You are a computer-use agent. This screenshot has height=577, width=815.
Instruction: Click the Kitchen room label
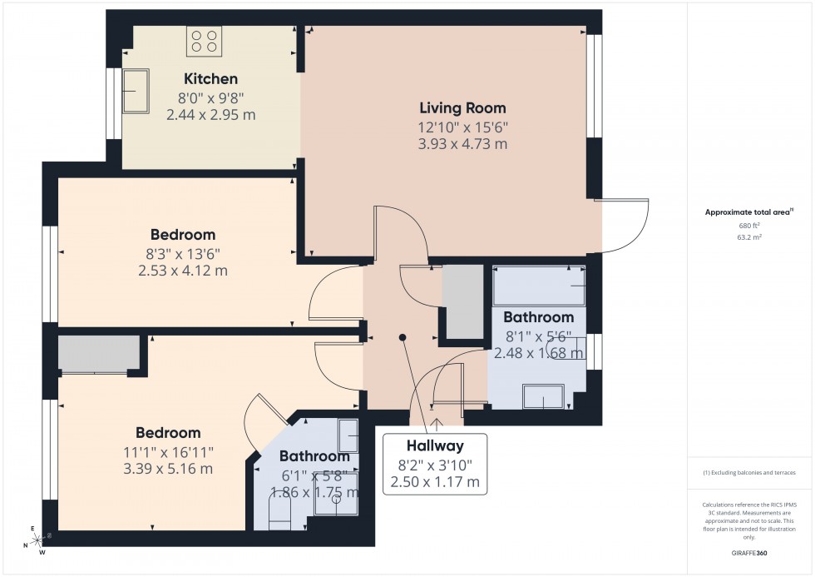[x=210, y=79]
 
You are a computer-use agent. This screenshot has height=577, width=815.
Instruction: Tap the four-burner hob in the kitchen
[x=204, y=42]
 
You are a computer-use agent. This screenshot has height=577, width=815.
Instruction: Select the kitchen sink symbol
[x=135, y=90]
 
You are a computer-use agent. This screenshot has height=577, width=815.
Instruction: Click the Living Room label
[x=462, y=107]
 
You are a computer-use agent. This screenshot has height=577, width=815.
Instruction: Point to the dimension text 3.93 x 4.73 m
[x=462, y=144]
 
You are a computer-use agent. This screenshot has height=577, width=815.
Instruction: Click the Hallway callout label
[x=435, y=445]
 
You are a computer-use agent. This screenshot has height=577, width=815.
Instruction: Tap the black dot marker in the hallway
[x=403, y=337]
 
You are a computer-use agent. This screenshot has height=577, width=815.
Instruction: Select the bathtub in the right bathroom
[x=538, y=286]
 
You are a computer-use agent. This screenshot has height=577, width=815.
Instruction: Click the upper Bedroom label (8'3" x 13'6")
[x=183, y=234]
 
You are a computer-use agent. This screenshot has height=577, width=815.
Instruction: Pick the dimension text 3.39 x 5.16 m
[x=169, y=469]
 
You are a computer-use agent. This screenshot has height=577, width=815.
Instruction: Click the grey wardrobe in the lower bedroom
[x=98, y=354]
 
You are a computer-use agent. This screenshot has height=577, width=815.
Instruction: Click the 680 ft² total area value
[x=750, y=226]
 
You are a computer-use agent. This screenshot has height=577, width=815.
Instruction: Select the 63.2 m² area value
[x=750, y=236]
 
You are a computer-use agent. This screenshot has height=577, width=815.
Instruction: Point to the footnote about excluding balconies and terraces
[x=750, y=472]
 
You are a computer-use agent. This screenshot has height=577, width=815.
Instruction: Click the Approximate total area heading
[x=749, y=211]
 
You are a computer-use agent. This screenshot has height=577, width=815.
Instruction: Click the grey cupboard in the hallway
[x=462, y=301]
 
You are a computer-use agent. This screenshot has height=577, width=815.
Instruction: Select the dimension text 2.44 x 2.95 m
[x=210, y=115]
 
